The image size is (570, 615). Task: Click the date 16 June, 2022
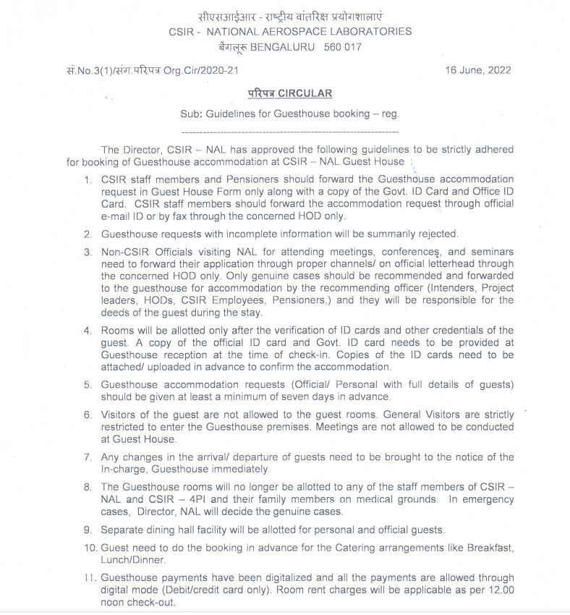[478, 70]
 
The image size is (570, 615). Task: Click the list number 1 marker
[88, 179]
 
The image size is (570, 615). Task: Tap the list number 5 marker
[88, 385]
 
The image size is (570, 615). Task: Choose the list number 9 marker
[88, 530]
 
